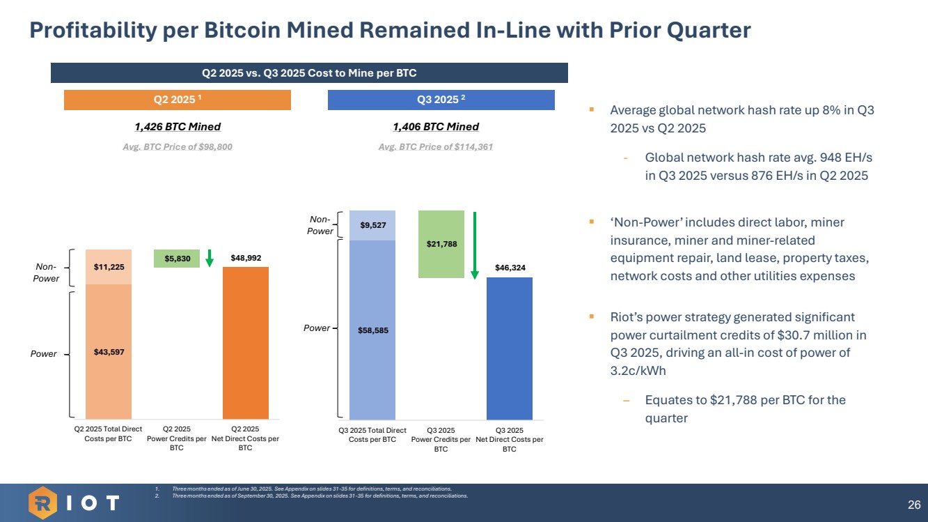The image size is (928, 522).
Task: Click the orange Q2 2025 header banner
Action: pyautogui.click(x=177, y=100)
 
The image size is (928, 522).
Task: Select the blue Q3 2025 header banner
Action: pyautogui.click(x=441, y=100)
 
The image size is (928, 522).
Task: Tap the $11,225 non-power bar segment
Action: pyautogui.click(x=109, y=266)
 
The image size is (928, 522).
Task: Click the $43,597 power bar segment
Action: pyautogui.click(x=109, y=351)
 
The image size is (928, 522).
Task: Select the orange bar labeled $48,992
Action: pyautogui.click(x=245, y=342)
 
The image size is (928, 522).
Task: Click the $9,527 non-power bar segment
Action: pyautogui.click(x=372, y=225)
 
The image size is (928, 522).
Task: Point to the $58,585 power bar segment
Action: pyautogui.click(x=372, y=330)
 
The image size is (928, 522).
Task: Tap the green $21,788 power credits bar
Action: pyautogui.click(x=441, y=244)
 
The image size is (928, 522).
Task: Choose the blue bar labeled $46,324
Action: pyautogui.click(x=509, y=348)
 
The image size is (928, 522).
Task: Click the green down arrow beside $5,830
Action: pyautogui.click(x=209, y=258)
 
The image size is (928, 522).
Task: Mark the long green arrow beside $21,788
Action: pyautogui.click(x=475, y=245)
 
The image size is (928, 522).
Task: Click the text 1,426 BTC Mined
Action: pyautogui.click(x=178, y=127)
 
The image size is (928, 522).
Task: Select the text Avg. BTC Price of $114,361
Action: pyautogui.click(x=436, y=147)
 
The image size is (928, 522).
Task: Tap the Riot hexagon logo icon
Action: pyautogui.click(x=42, y=502)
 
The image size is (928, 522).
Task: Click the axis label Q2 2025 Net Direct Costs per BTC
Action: pyautogui.click(x=245, y=438)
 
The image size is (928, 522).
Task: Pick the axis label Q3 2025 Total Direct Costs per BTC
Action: pyautogui.click(x=372, y=435)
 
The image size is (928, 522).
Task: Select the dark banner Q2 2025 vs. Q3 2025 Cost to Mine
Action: pyautogui.click(x=309, y=72)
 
